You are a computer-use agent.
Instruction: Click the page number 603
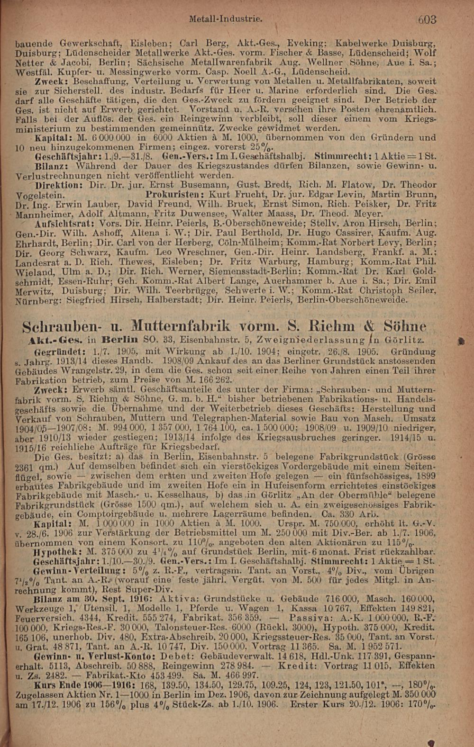[427, 20]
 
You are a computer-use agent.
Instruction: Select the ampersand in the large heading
[368, 326]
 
